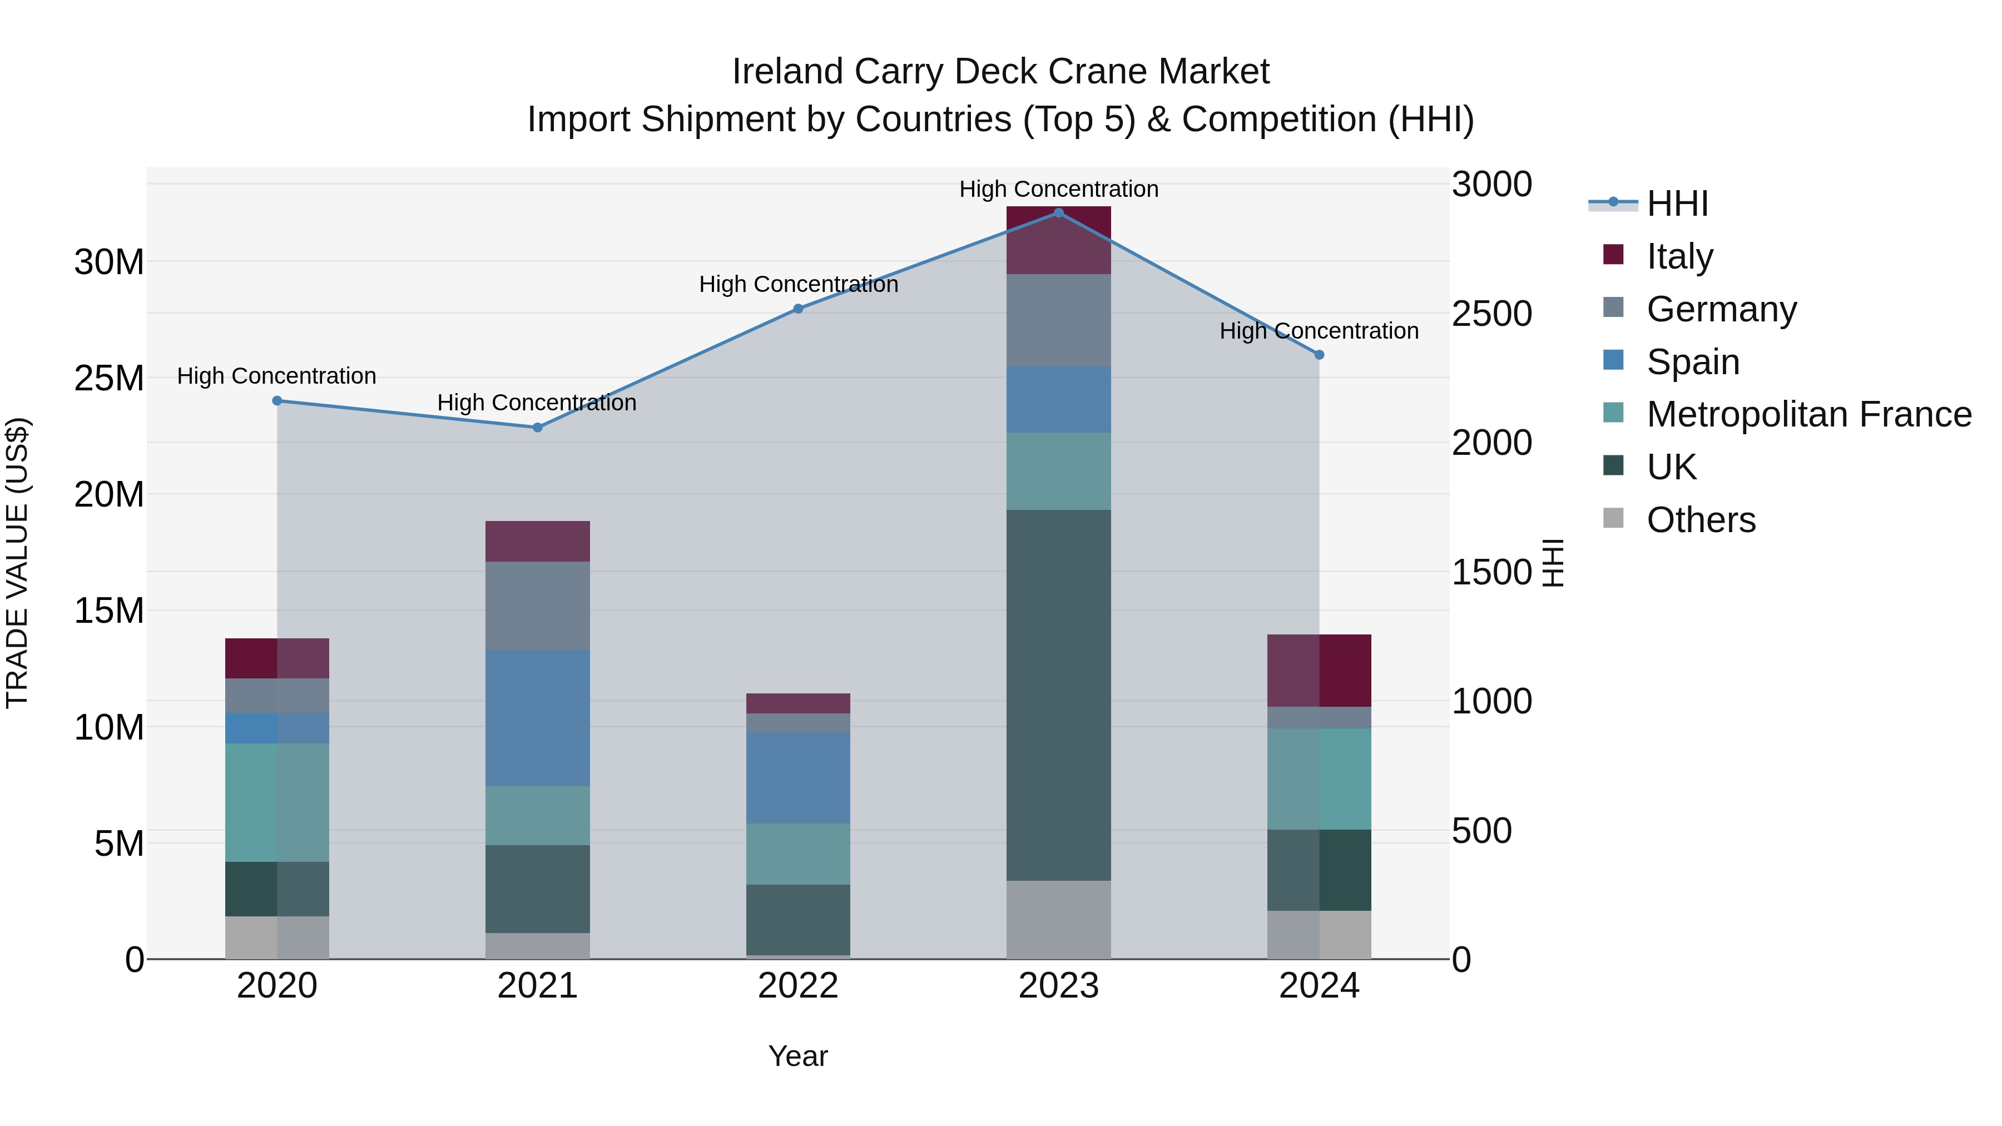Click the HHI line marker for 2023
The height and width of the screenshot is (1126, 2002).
click(1058, 212)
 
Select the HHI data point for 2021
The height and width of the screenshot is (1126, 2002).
click(537, 428)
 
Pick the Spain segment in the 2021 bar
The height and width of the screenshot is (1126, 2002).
click(537, 717)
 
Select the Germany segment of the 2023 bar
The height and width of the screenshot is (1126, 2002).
click(1058, 320)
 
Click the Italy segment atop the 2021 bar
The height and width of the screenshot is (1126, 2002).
click(537, 541)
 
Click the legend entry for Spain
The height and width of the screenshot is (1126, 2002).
click(1693, 362)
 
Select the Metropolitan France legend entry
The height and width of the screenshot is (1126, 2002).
click(1808, 414)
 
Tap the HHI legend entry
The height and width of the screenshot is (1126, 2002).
click(1677, 204)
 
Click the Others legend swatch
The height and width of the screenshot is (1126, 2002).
click(1613, 518)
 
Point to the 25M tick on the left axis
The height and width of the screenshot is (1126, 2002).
click(109, 379)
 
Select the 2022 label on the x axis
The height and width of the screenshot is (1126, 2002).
click(798, 986)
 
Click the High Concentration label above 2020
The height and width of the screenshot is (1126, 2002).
click(277, 376)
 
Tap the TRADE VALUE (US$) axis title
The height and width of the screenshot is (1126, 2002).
click(17, 563)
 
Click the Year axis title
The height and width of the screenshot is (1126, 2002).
click(798, 1056)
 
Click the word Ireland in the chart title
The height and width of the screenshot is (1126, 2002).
click(787, 72)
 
